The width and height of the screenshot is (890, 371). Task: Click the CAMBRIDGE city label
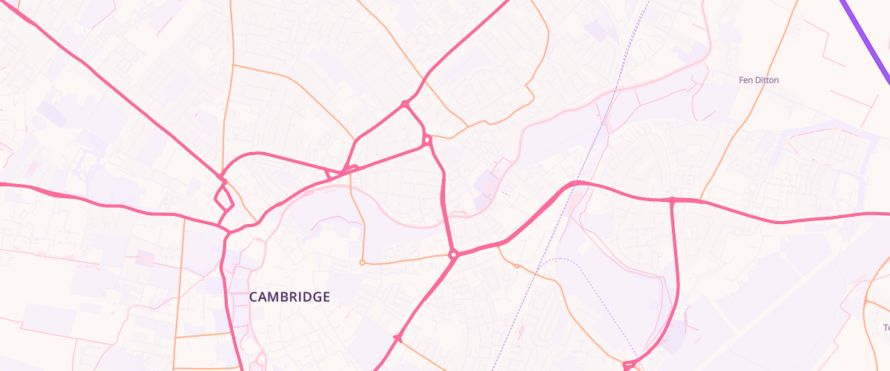click(x=289, y=297)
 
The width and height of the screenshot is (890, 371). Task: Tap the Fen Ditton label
click(x=759, y=80)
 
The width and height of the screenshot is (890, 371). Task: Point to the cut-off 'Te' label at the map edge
click(x=886, y=327)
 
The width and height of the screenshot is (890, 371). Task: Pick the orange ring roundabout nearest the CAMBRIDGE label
click(x=361, y=263)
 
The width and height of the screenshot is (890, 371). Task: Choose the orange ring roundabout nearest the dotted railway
click(x=517, y=266)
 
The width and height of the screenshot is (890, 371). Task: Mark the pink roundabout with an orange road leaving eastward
click(x=427, y=139)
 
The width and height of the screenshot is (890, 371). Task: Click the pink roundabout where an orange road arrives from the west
click(x=452, y=255)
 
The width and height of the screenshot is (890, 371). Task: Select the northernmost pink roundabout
click(x=405, y=104)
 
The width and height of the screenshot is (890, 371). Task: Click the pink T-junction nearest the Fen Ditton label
click(x=672, y=200)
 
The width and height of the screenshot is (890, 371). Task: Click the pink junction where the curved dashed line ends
click(x=629, y=364)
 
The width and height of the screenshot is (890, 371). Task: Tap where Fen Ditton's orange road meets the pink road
click(x=701, y=200)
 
